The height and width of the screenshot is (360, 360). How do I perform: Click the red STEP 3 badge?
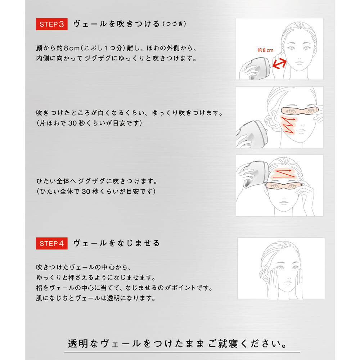[51, 24]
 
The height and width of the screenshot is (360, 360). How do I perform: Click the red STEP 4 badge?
[51, 243]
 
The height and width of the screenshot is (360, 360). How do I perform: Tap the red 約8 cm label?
[265, 50]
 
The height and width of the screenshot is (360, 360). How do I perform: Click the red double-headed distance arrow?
[279, 64]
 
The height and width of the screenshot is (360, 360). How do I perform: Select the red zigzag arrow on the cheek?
[288, 125]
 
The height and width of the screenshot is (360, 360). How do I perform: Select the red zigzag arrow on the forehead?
[283, 174]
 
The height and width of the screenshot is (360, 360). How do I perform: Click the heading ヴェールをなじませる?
[116, 243]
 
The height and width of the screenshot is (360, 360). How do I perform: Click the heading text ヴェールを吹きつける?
[116, 24]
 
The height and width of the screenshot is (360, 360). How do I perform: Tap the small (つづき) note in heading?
[174, 24]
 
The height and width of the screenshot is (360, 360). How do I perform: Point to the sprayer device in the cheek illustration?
[252, 134]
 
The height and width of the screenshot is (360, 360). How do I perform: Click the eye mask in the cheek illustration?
[300, 111]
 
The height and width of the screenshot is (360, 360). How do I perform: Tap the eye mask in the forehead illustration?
[283, 185]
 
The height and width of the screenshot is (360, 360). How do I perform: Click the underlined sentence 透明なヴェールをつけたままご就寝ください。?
[177, 344]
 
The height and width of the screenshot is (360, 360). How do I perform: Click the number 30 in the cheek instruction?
[73, 123]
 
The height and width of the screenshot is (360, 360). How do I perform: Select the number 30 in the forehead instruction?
[86, 191]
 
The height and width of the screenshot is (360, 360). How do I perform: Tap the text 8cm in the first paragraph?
[72, 48]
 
